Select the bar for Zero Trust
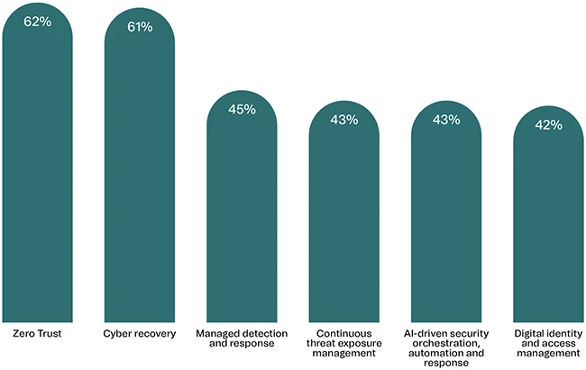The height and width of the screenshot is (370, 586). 37,171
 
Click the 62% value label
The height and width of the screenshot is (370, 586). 37,21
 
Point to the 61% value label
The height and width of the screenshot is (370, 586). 140,27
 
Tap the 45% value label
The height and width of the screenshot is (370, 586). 242,110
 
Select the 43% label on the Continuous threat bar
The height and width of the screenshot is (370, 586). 344,120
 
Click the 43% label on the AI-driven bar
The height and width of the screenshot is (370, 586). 446,120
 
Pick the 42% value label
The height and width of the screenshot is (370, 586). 548,125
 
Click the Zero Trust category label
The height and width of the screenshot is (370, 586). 37,335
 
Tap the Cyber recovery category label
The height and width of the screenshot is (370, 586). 140,335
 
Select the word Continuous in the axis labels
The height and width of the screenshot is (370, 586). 344,335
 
